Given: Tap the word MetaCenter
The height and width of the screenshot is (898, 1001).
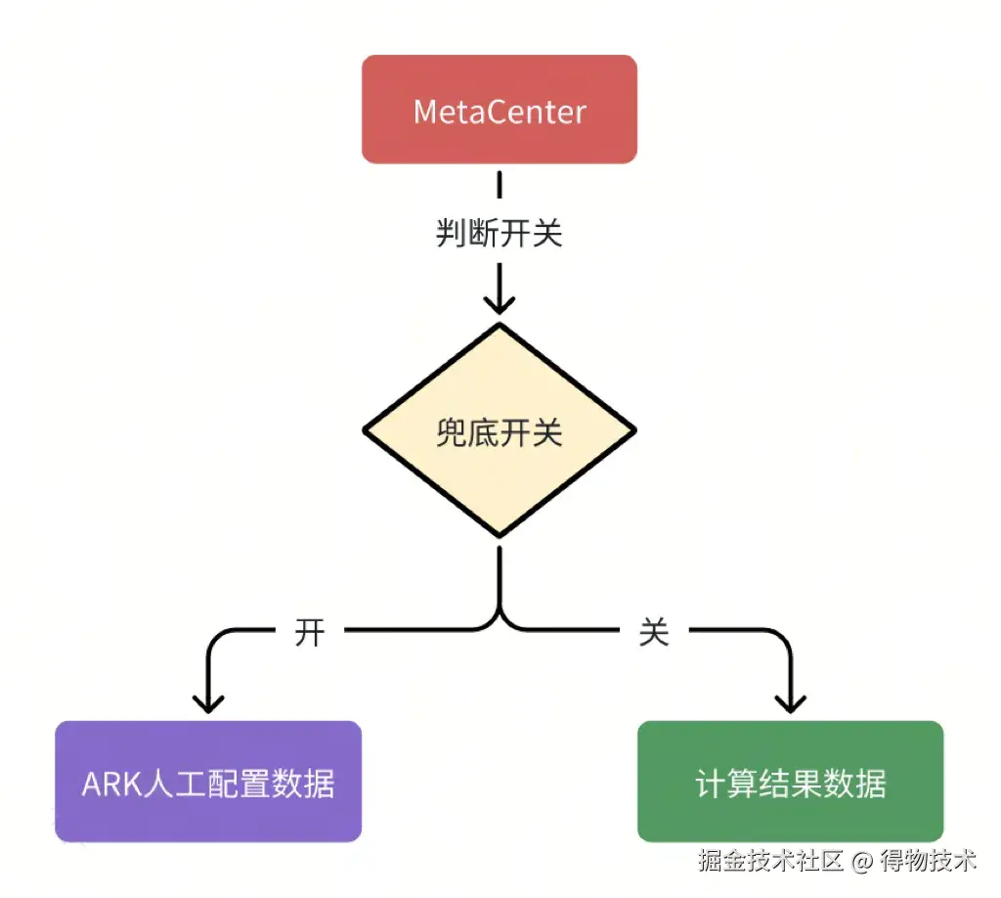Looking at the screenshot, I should pos(500,111).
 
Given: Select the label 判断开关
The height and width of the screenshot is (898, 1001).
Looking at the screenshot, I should pos(500,234).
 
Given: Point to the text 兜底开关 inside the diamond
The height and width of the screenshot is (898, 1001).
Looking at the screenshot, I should pos(500,431).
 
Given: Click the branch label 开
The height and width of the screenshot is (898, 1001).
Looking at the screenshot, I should pos(310,633).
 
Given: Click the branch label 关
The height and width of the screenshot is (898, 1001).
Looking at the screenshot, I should pos(654,633).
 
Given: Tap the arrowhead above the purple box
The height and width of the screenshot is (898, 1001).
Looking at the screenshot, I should pos(208,702).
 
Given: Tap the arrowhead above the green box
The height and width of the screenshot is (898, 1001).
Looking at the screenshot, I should pos(790,702).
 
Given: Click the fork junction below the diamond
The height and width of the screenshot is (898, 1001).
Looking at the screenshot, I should pos(500,616).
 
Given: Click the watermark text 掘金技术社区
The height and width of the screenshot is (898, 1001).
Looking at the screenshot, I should pos(770,861).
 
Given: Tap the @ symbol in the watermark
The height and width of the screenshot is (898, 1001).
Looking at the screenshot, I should pos(860,862).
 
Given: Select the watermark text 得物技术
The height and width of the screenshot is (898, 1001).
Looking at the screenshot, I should pos(929,861).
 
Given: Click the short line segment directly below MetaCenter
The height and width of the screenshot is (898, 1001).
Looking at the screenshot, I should pos(500,186).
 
